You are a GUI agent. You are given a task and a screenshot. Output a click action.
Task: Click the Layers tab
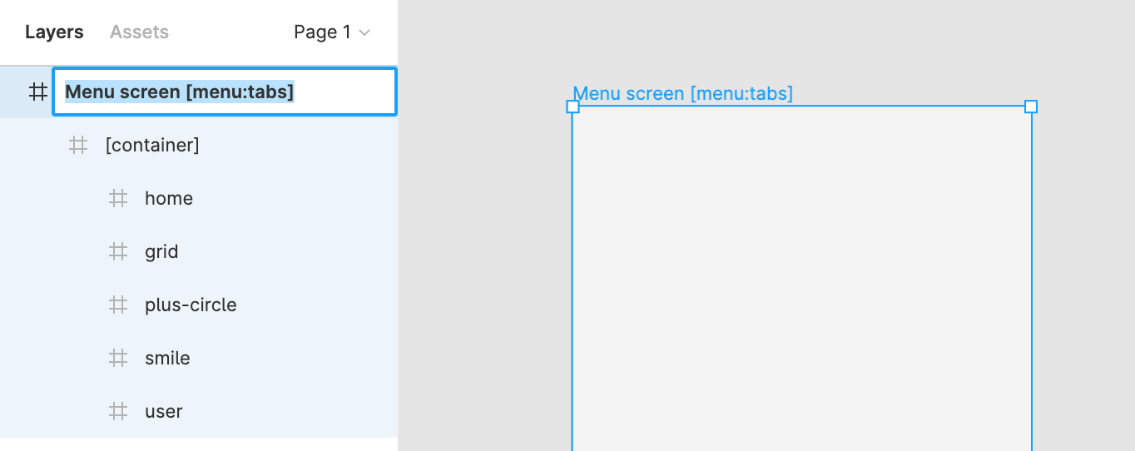[x=54, y=32]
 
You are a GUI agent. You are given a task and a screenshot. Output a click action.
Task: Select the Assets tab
[x=139, y=32]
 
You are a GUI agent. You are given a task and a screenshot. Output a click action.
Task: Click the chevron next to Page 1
[x=364, y=33]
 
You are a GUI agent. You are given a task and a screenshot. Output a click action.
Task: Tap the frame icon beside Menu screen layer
[x=38, y=92]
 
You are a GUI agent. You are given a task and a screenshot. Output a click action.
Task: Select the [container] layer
[x=152, y=146]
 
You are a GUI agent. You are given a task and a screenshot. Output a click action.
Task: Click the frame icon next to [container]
[x=78, y=146]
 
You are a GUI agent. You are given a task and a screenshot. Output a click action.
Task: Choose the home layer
[x=169, y=199]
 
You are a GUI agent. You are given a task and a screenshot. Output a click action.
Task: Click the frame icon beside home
[x=118, y=199]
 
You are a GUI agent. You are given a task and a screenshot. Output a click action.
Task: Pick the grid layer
[x=161, y=252]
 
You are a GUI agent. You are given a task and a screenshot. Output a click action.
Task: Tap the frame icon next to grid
[x=118, y=252]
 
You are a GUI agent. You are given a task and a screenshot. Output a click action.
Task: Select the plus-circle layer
[x=191, y=305]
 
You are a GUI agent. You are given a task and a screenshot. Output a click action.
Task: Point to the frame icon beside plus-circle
[x=118, y=305]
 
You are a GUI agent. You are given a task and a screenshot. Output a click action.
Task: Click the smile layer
[x=167, y=359]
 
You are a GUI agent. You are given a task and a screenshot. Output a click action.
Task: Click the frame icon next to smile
[x=118, y=359]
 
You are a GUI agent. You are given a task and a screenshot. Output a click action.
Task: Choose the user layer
[x=163, y=412]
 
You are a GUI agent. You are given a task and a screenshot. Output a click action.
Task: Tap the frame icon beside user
[x=118, y=412]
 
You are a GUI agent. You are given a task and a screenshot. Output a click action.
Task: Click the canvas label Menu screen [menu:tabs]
[x=682, y=93]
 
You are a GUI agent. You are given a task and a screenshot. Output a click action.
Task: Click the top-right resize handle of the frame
[x=1031, y=107]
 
